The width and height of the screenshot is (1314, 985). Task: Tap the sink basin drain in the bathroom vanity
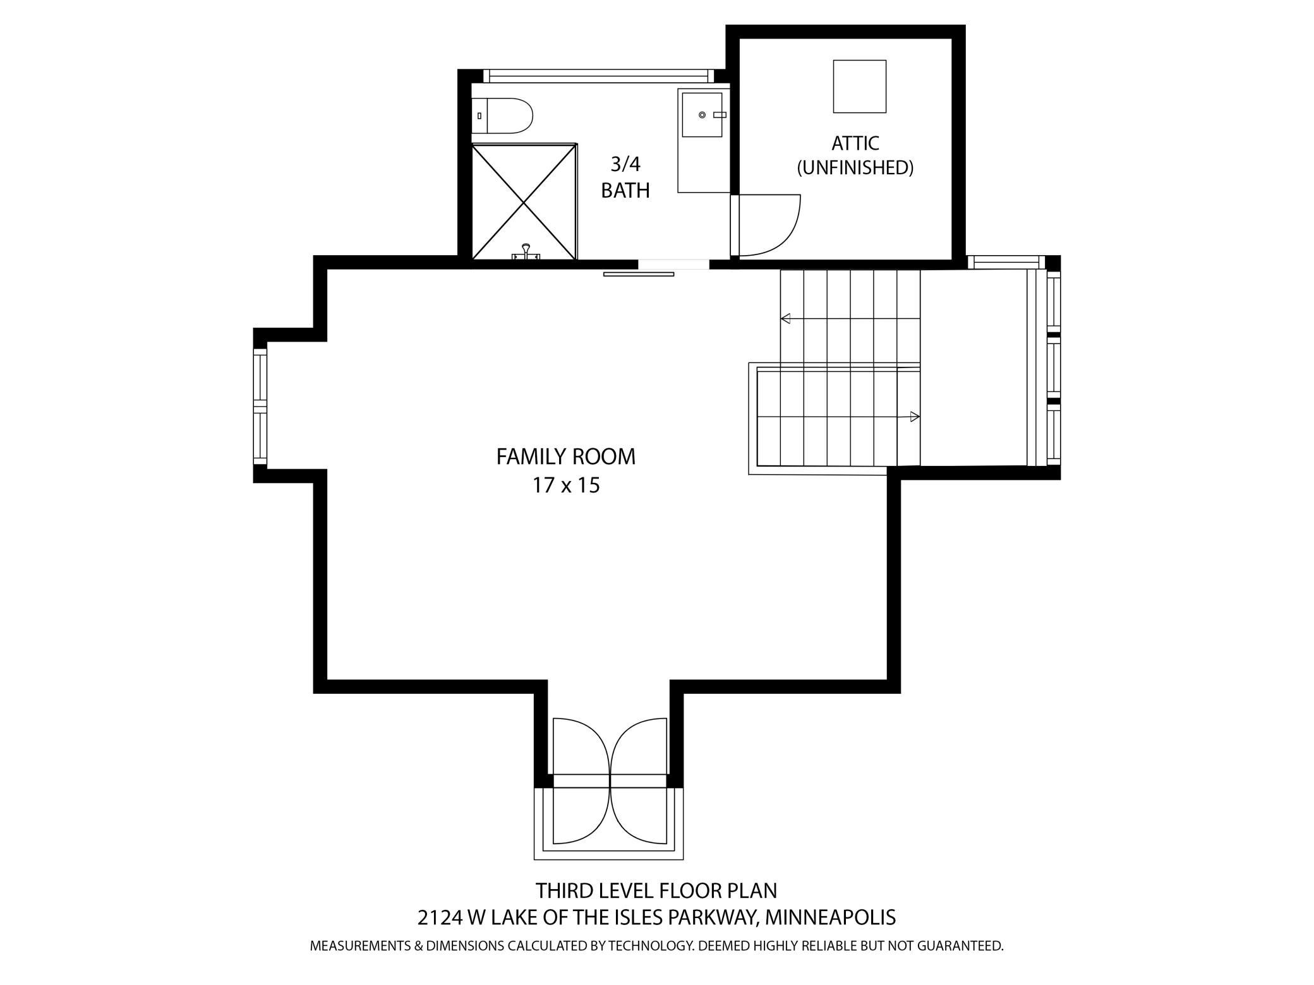click(x=702, y=115)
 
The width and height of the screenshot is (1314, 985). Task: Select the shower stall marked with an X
click(x=524, y=201)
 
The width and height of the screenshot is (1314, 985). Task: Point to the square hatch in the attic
click(x=859, y=87)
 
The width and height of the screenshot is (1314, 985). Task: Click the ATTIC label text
click(x=855, y=143)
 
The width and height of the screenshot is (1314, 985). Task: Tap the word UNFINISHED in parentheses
click(x=855, y=168)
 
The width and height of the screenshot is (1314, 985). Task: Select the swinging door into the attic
click(x=768, y=225)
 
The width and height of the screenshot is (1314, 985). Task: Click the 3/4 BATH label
click(x=625, y=177)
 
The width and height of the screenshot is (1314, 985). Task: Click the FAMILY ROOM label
click(x=565, y=457)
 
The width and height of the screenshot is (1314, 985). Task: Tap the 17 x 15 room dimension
click(x=565, y=486)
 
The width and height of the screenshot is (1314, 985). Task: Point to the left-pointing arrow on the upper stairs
click(x=786, y=319)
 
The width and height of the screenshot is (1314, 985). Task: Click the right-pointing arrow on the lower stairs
click(x=914, y=417)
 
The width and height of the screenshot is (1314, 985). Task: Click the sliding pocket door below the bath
click(x=638, y=274)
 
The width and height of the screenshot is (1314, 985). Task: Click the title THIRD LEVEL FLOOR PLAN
click(x=656, y=891)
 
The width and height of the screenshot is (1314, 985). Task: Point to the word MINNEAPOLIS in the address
click(x=829, y=917)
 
